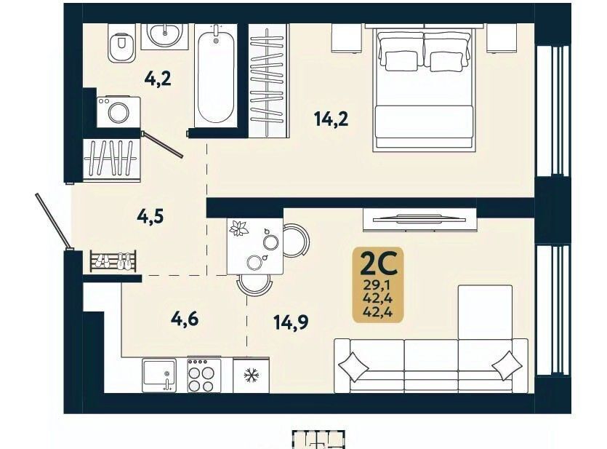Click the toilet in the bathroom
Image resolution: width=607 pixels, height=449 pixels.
[x=121, y=43]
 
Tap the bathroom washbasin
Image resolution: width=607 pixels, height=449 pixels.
[x=164, y=35]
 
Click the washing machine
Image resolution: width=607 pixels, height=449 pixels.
[x=118, y=111]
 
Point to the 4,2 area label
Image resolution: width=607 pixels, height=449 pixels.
[x=158, y=79]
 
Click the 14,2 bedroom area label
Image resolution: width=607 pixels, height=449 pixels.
[x=331, y=119]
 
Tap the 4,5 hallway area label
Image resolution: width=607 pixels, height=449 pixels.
[x=150, y=216]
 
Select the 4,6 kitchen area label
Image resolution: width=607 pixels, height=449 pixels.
[x=185, y=319]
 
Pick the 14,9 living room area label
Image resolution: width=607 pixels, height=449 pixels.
[x=291, y=322]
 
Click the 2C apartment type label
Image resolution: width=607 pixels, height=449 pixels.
[x=378, y=263]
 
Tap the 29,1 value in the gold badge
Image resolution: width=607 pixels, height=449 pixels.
[x=378, y=286]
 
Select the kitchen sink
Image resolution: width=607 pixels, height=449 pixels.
[x=159, y=376]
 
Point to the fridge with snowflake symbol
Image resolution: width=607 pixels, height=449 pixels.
[x=251, y=375]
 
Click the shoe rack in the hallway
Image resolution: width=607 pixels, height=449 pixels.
[x=113, y=261]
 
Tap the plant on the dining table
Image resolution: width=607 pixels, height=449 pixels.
[x=238, y=229]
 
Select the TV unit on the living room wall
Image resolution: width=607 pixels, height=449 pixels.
[x=419, y=220]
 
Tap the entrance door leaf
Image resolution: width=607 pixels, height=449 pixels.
[x=52, y=220]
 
